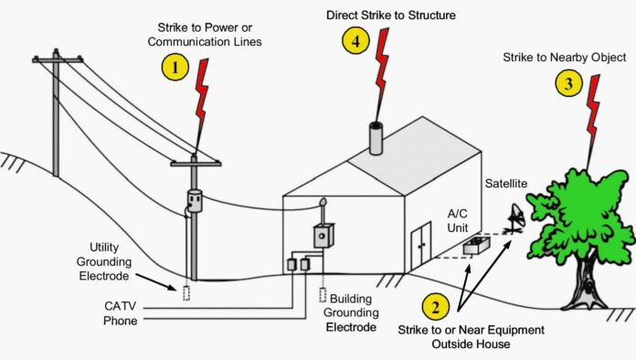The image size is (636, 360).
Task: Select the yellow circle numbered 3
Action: click(x=568, y=84)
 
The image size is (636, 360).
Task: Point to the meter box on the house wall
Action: click(x=322, y=235)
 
